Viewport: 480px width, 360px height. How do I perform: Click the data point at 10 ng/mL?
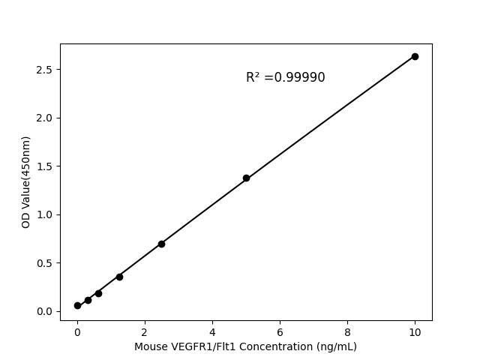pos(415,56)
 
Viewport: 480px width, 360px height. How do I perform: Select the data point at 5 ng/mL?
pos(246,178)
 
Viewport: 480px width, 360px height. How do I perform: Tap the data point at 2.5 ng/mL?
pos(161,244)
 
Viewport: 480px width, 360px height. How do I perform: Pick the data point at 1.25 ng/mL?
pos(119,277)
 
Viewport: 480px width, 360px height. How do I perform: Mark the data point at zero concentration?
pos(77,305)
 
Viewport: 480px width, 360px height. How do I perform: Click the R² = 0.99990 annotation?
pos(285,77)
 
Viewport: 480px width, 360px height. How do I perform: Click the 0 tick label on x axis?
pos(77,331)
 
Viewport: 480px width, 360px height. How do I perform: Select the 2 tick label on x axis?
pos(145,331)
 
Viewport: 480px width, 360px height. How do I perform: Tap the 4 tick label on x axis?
pos(212,331)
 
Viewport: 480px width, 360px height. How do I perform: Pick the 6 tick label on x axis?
pos(280,331)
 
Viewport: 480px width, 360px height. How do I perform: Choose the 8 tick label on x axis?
pos(347,331)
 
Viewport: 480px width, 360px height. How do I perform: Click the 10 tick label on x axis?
pos(415,331)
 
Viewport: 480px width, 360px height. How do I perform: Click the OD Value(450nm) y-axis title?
pos(26,182)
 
